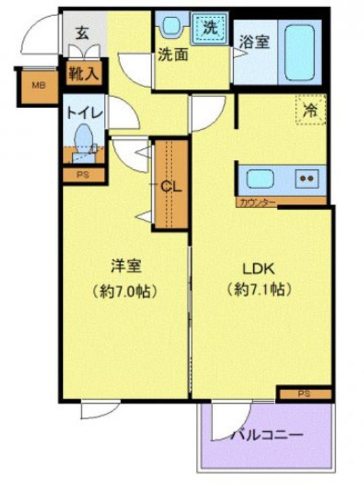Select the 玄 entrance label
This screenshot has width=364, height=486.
coord(82,32)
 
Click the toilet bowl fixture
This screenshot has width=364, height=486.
coord(84,138)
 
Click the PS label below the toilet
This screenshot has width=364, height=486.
coord(82,174)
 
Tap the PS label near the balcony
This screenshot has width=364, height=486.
coord(305,393)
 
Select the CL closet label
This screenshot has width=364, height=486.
coord(172,187)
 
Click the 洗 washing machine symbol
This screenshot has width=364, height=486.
coord(210,28)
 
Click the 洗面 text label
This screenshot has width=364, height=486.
coord(174,55)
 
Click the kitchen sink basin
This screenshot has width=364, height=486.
coord(260,179)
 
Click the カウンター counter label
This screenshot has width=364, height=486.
coord(255,202)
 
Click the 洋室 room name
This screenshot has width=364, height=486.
coord(126,266)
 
